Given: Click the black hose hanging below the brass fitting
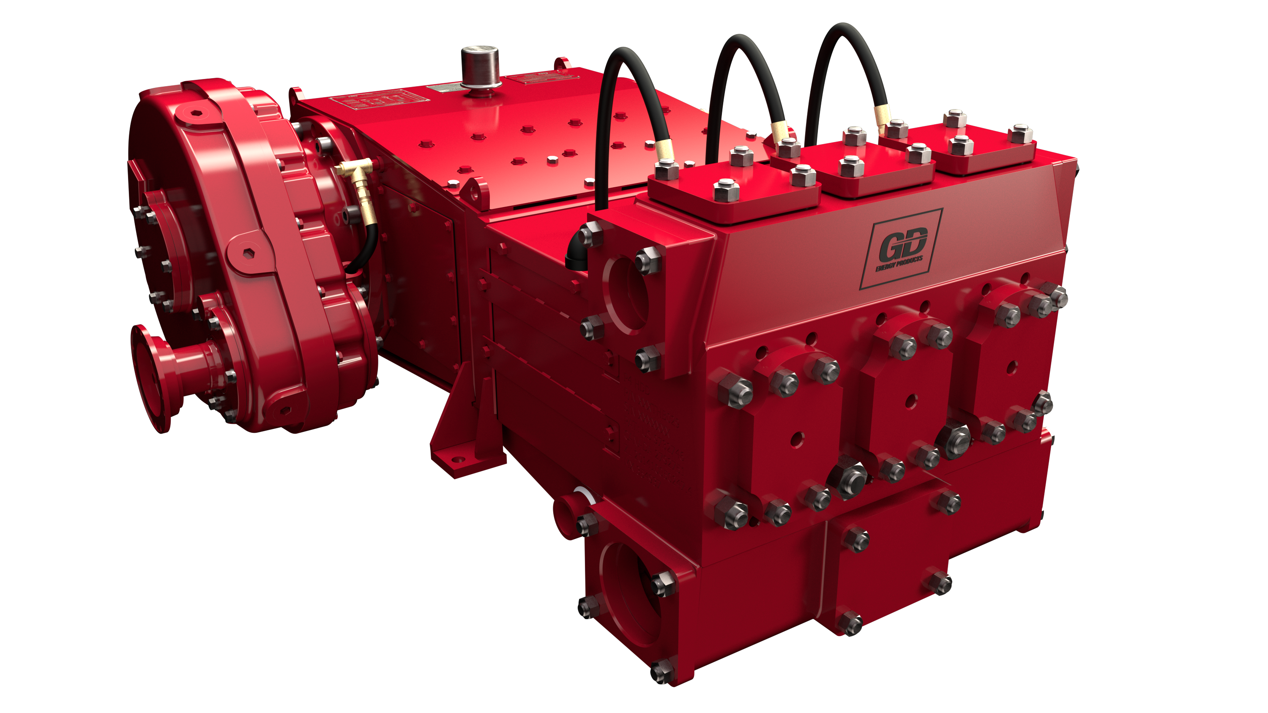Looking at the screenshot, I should pyautogui.click(x=367, y=246).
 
